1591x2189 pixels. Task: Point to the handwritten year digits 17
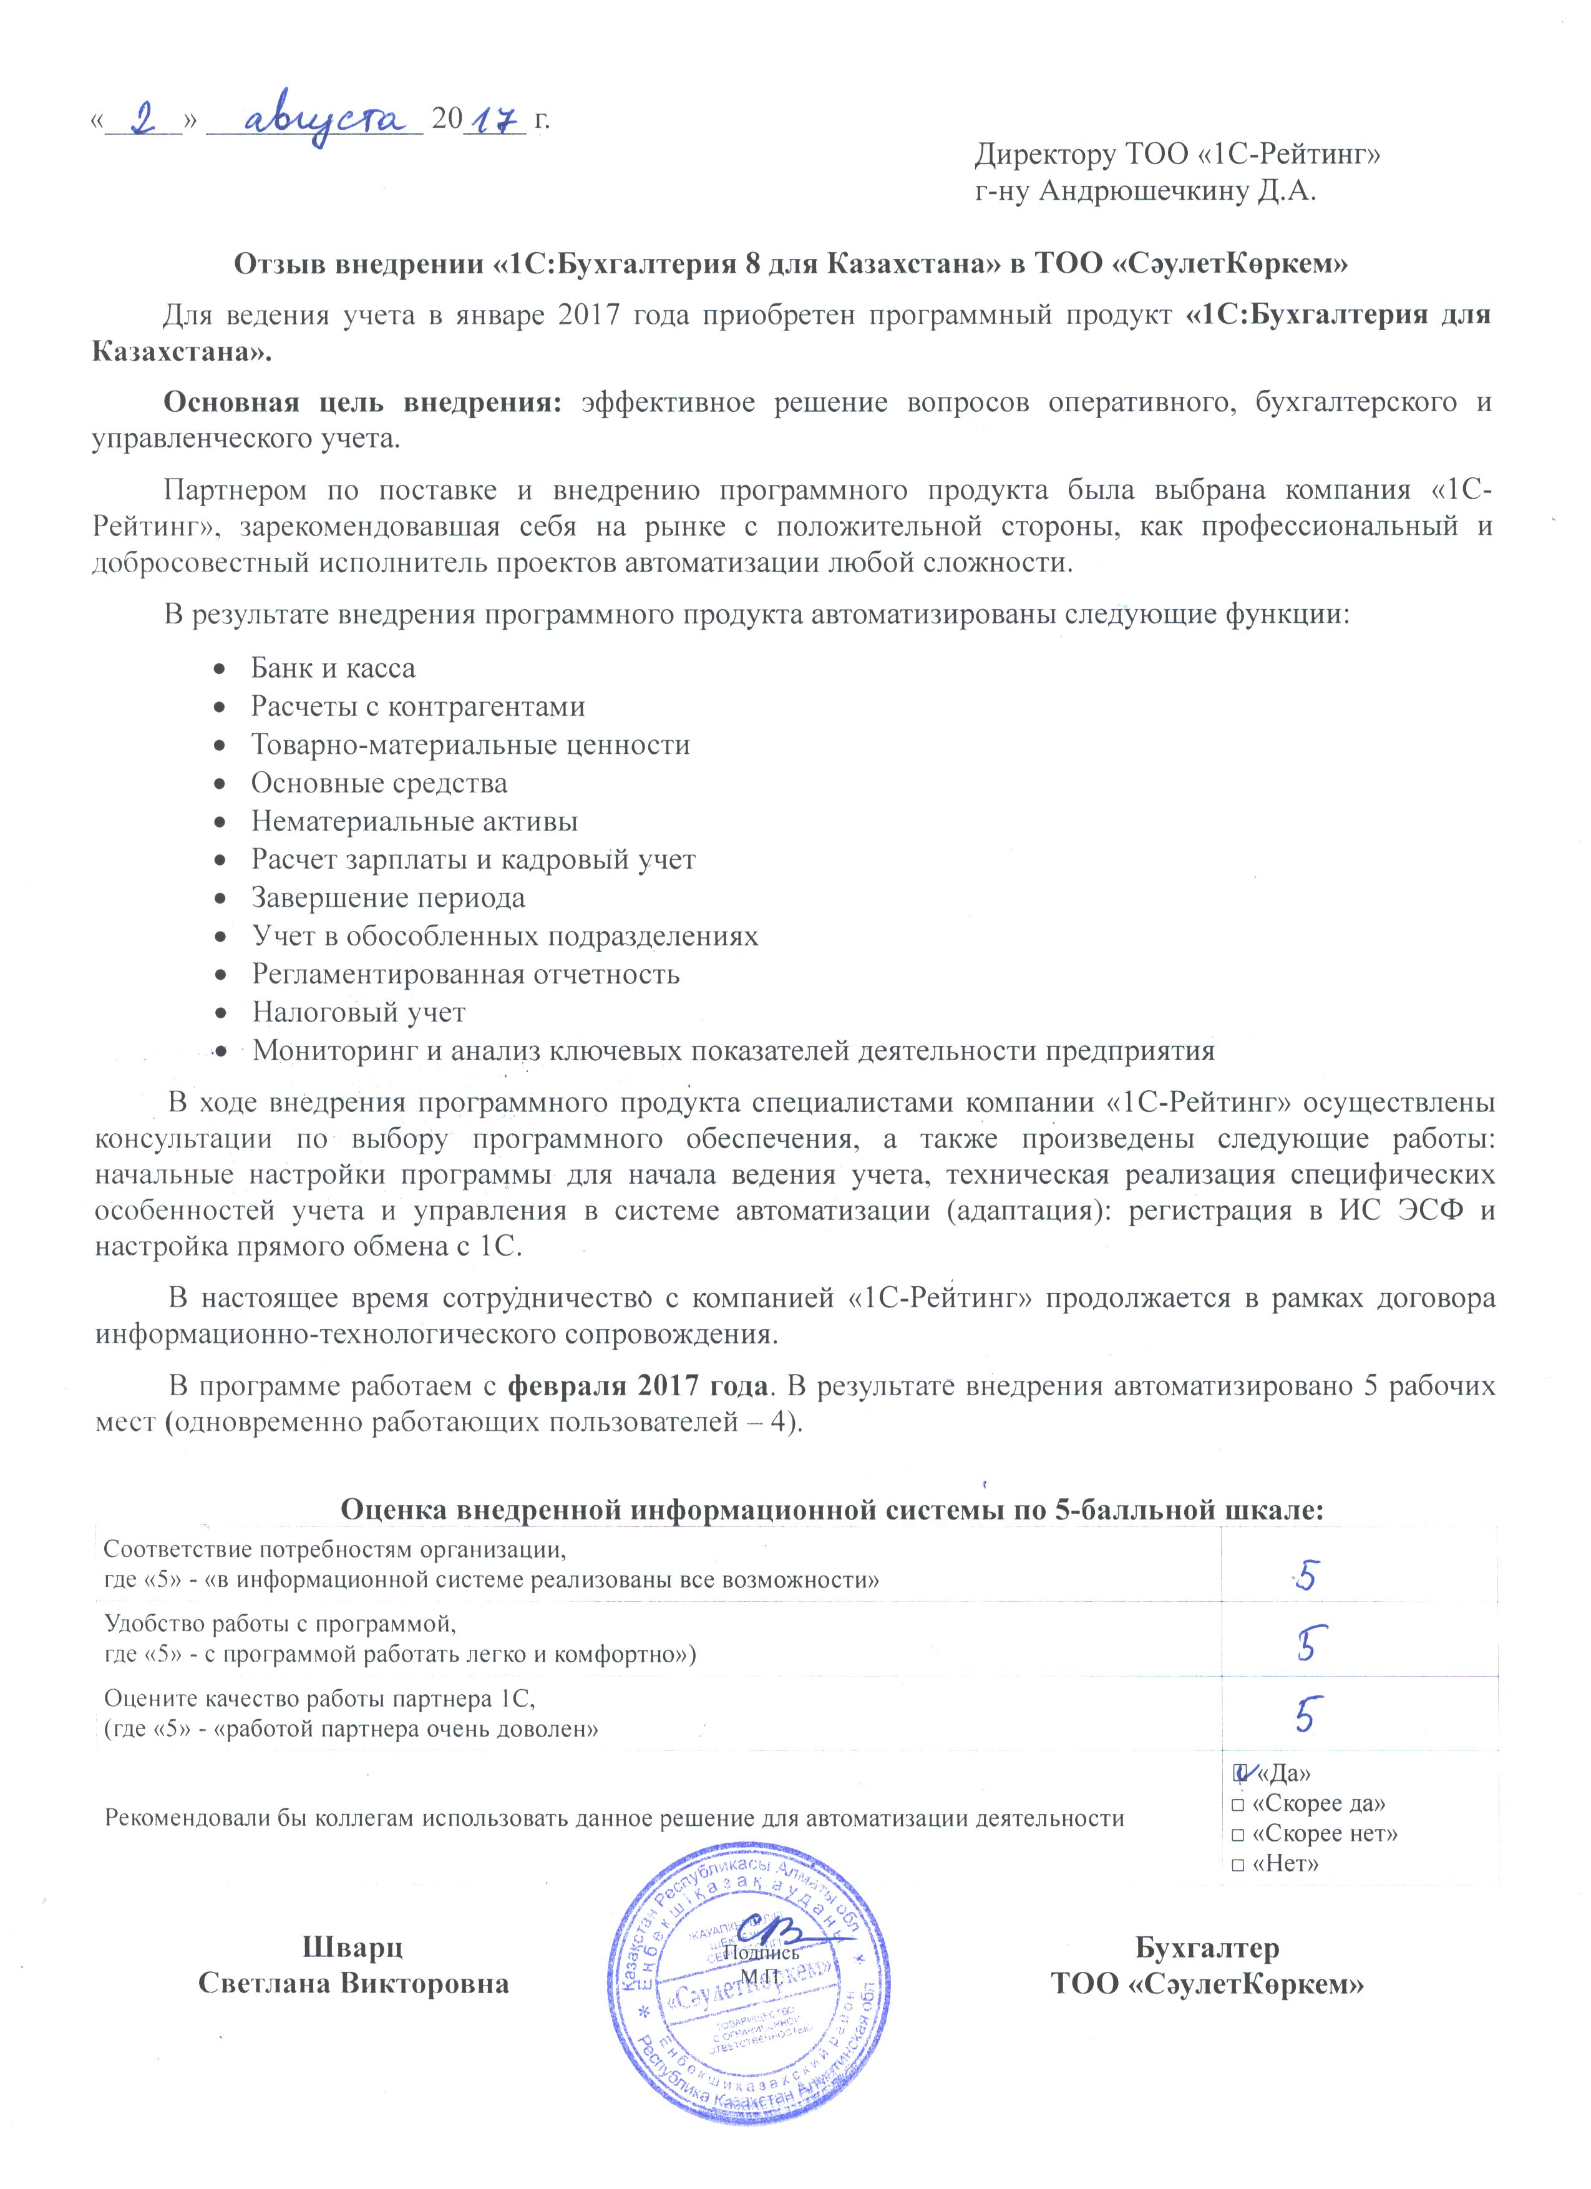point(492,120)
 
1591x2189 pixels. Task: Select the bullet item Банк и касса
point(333,668)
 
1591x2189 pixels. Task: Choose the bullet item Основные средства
point(379,782)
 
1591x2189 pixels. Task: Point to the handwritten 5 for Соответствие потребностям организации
point(1307,1576)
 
